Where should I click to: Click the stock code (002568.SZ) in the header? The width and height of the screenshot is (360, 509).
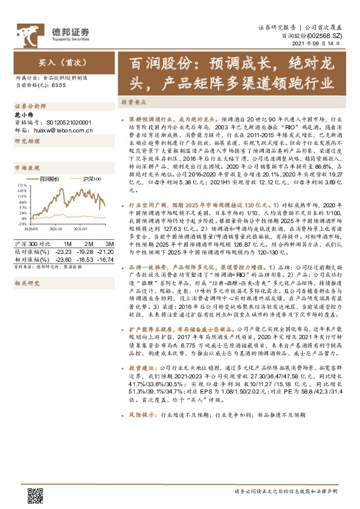326,37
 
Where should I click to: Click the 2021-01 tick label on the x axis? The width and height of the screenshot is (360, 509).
56,230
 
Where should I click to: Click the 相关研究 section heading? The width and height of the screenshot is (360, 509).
26,283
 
